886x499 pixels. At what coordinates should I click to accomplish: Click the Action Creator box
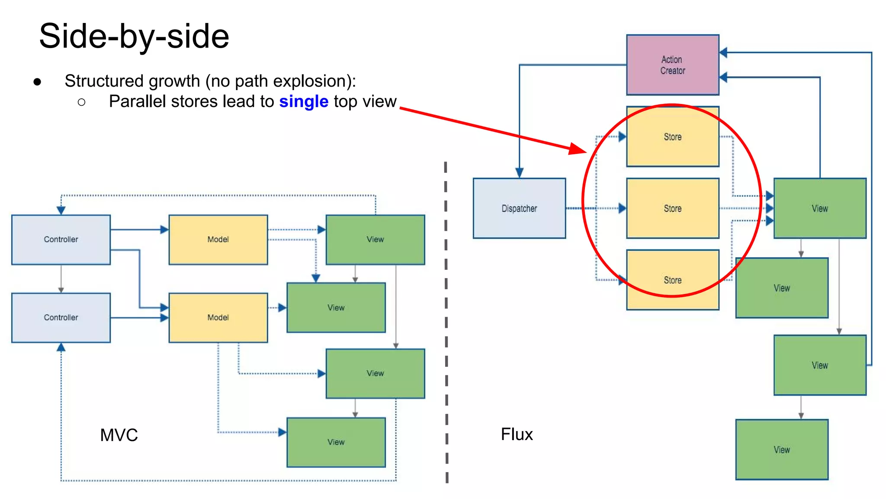672,65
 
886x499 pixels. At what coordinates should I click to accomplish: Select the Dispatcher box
519,208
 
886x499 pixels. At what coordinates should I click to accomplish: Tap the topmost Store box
672,137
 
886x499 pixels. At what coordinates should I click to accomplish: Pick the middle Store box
672,208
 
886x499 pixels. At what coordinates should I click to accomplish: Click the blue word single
304,102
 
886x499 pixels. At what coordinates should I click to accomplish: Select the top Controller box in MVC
61,240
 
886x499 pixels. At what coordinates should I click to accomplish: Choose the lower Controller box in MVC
61,318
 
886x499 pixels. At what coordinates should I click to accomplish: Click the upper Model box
218,240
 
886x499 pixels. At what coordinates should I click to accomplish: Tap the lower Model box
218,318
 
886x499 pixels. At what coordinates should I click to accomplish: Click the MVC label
119,435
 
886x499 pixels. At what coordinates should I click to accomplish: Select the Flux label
517,434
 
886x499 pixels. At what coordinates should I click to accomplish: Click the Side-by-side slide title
134,36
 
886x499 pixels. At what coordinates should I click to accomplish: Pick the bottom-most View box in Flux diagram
782,450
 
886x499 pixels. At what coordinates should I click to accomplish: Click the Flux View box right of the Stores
819,208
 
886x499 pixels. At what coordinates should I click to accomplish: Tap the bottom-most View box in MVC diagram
336,442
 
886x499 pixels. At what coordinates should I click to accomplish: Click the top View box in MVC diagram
375,240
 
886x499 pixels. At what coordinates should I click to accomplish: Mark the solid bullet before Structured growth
38,82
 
